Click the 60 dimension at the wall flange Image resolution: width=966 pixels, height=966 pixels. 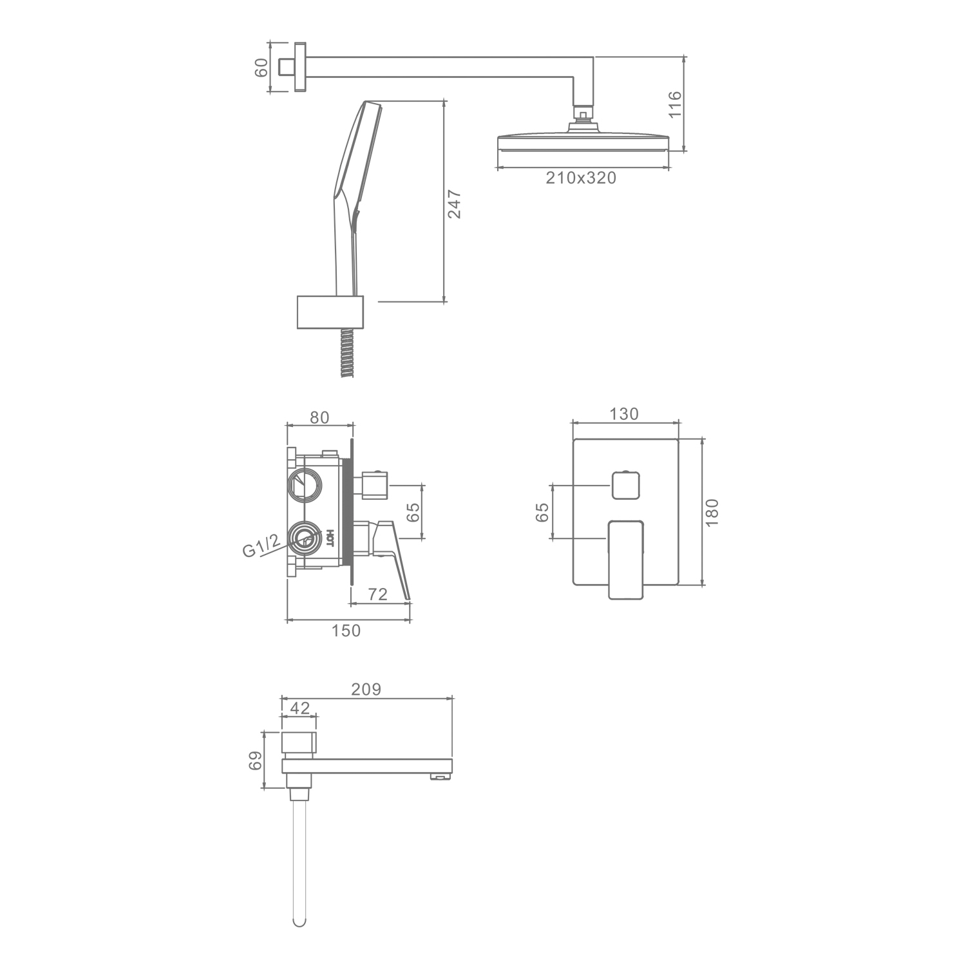click(x=261, y=67)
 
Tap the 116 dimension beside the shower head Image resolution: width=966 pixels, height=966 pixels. click(x=674, y=104)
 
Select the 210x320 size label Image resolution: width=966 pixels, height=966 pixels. click(x=581, y=178)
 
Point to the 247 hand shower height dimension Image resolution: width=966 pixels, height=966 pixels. click(x=454, y=204)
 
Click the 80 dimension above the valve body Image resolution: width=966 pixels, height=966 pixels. click(x=319, y=417)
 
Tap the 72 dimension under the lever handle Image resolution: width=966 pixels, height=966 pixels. click(x=378, y=594)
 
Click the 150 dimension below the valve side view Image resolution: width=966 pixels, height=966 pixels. click(x=346, y=630)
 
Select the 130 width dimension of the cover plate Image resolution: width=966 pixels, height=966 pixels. click(x=624, y=414)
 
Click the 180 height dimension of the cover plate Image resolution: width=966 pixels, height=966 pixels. click(x=711, y=513)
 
